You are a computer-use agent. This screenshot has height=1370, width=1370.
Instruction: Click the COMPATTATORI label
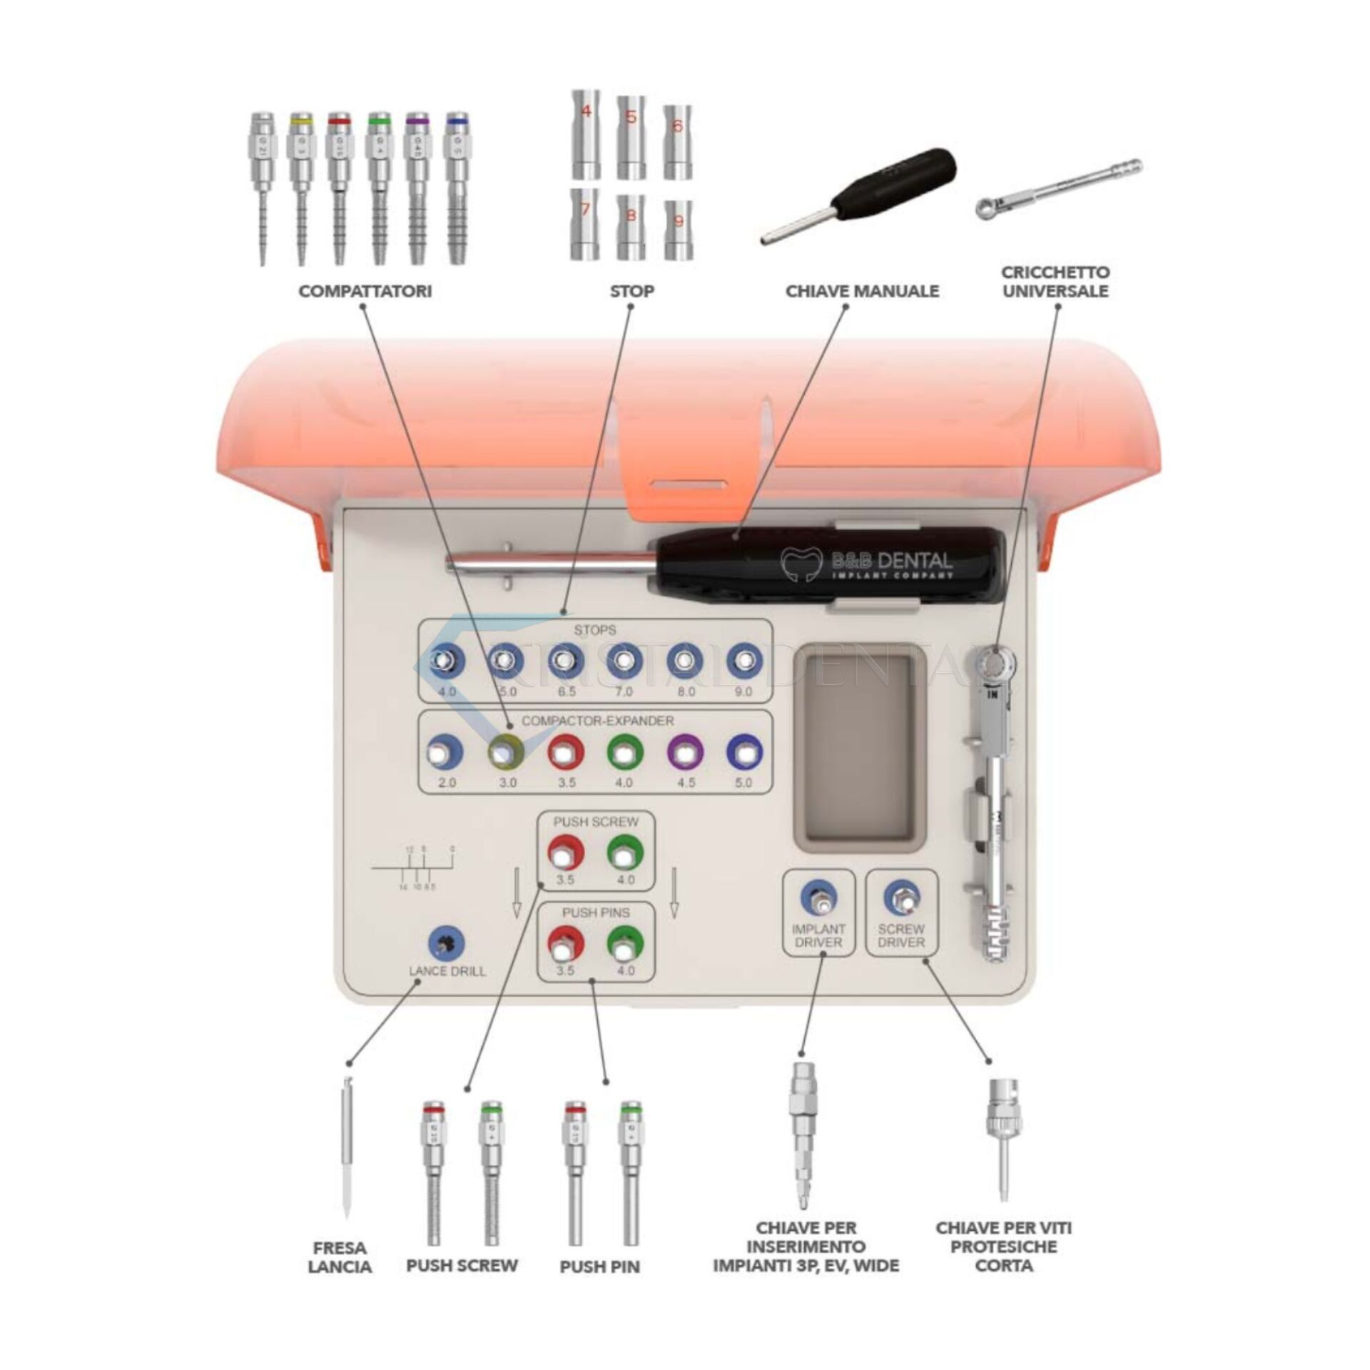[x=365, y=291]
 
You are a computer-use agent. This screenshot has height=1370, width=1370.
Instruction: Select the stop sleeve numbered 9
[x=678, y=229]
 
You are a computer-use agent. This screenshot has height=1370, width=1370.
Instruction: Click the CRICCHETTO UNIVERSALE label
[x=1055, y=282]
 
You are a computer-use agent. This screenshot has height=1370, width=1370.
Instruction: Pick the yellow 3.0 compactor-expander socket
[x=505, y=752]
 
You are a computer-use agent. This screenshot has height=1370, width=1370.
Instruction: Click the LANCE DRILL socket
[x=446, y=944]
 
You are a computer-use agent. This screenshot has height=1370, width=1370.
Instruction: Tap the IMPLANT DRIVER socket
[x=818, y=898]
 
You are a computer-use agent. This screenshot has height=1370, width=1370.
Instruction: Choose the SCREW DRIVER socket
[x=901, y=898]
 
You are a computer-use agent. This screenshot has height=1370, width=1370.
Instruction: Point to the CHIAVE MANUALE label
[x=862, y=291]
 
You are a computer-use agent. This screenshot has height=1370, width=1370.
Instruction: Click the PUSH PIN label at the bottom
[x=599, y=1267]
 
